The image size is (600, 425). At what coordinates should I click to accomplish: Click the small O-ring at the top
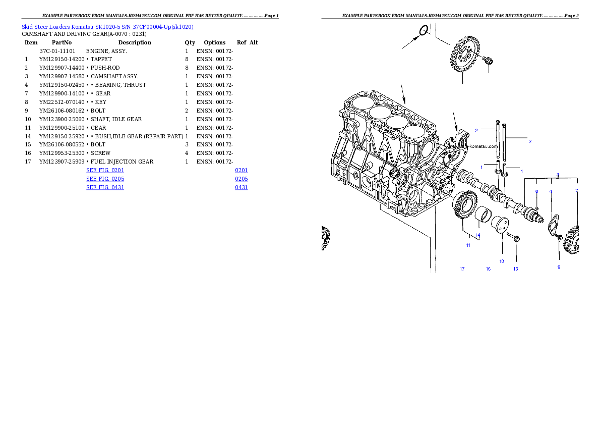[424, 31]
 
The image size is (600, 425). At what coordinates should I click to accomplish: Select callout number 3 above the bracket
[558, 175]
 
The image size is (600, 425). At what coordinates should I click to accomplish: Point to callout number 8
[536, 191]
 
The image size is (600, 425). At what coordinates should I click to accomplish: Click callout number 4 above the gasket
[551, 191]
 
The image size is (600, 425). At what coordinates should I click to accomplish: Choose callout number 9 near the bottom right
[559, 267]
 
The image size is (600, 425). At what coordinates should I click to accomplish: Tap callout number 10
[502, 261]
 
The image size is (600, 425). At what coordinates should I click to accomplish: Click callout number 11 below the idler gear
[468, 245]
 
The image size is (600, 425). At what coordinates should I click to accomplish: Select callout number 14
[477, 235]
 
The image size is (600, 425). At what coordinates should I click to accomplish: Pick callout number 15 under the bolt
[515, 269]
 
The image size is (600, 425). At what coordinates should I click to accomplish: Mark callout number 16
[488, 269]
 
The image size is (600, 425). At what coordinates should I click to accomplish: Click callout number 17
[462, 269]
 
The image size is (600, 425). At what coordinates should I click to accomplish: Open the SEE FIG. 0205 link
[105, 179]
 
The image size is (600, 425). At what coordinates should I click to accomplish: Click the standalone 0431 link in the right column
[241, 187]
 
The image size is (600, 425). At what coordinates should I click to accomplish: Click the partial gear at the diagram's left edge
[325, 238]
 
